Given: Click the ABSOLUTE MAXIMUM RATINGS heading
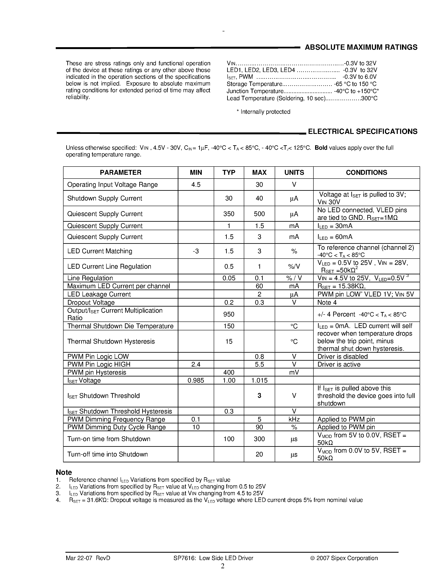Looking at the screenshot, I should coord(361,47).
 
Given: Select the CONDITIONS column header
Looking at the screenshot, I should coord(366,173).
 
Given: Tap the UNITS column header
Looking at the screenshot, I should coord(294,173).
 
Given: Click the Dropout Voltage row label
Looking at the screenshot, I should coord(91,303).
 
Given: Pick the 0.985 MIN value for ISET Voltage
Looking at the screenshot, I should coord(196,380).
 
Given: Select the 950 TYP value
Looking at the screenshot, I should coord(228,314).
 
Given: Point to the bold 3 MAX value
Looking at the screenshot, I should coord(259,396).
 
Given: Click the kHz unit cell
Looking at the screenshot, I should coord(294,419).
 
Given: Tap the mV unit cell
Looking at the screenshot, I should coord(294,372).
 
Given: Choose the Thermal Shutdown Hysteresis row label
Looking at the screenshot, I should coord(111,341).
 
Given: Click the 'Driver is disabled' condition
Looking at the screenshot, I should coord(342,357).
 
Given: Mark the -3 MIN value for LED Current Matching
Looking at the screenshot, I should coord(196,251).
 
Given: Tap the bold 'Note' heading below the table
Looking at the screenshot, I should coord(64,472).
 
